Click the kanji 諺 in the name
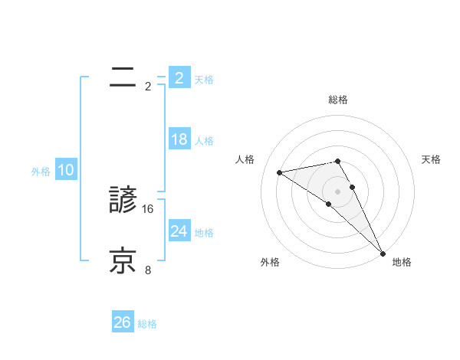click(123, 201)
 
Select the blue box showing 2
click(179, 77)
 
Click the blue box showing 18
click(179, 139)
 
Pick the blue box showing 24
click(179, 231)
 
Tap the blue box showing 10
click(66, 170)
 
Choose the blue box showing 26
click(123, 322)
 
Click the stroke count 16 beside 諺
click(149, 208)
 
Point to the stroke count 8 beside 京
click(149, 270)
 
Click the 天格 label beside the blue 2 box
click(204, 79)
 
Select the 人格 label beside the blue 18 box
click(204, 141)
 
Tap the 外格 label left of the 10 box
click(41, 172)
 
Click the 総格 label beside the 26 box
click(147, 324)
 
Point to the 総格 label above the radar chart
click(338, 100)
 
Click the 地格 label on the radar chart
click(402, 262)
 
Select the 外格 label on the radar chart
click(270, 262)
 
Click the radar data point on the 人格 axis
click(280, 172)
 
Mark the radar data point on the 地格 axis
click(383, 253)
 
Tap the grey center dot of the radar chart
click(337, 191)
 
